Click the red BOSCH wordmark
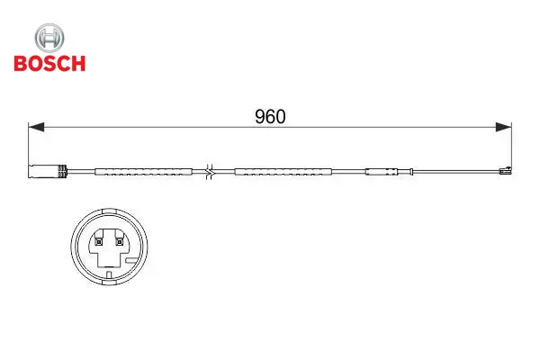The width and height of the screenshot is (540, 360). (49, 63)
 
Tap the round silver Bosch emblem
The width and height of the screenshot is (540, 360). (49, 38)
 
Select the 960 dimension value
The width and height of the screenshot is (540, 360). (270, 117)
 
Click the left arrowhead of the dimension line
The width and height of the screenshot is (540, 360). (36, 127)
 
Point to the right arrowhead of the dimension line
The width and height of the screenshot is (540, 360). (503, 127)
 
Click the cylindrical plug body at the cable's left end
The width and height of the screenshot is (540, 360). (43, 171)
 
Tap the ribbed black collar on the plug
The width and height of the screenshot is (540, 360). (62, 171)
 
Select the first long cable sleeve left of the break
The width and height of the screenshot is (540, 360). (144, 172)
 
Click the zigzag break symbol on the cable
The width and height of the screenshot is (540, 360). (210, 172)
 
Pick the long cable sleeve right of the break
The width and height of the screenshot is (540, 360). (283, 172)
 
